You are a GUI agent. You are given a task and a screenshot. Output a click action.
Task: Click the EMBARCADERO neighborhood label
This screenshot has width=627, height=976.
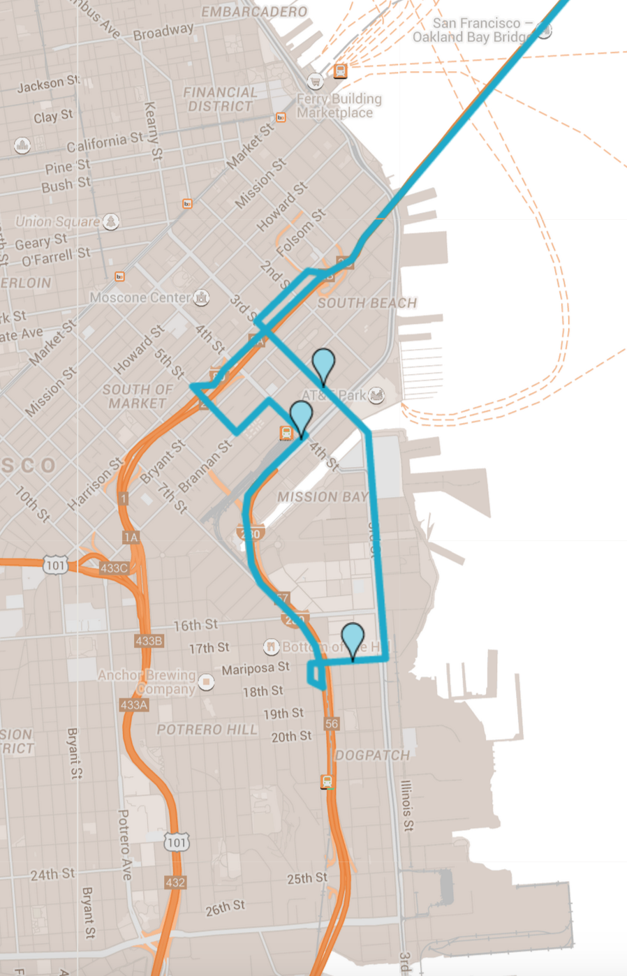[x=254, y=12]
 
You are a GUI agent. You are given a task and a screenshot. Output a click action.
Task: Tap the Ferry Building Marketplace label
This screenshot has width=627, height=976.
[x=339, y=105]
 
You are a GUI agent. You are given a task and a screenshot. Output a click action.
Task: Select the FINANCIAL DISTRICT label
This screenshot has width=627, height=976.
[x=220, y=99]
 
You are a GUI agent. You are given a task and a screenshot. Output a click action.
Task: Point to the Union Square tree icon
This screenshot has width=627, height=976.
[x=110, y=221]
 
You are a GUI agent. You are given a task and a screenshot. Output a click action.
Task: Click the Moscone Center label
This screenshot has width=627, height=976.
[x=140, y=297]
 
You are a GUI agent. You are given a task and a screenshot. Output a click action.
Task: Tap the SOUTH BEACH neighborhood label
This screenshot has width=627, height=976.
[x=367, y=303]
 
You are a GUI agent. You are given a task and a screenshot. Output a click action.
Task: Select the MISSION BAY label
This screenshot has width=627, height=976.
[x=322, y=496]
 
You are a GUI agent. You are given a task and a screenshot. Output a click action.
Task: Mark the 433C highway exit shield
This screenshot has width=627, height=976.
[x=114, y=568]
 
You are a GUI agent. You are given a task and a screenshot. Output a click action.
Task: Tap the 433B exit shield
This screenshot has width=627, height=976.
[x=149, y=640]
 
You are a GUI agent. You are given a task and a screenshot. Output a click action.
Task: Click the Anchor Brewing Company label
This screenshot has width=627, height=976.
[x=147, y=682]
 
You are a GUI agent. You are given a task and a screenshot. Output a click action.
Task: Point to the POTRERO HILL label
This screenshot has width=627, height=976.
[x=207, y=730]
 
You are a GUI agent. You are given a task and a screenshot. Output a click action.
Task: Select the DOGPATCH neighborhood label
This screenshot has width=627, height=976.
[x=372, y=755]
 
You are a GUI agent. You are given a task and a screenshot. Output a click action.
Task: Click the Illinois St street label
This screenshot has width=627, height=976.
[x=406, y=806]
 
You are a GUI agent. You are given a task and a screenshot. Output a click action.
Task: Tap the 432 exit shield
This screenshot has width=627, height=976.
[x=175, y=882]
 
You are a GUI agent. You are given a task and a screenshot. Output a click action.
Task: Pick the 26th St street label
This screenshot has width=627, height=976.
[x=225, y=908]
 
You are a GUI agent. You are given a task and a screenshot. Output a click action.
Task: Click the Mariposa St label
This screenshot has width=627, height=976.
[x=255, y=669]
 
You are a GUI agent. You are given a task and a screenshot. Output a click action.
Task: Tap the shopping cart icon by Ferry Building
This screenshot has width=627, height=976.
[x=316, y=81]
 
